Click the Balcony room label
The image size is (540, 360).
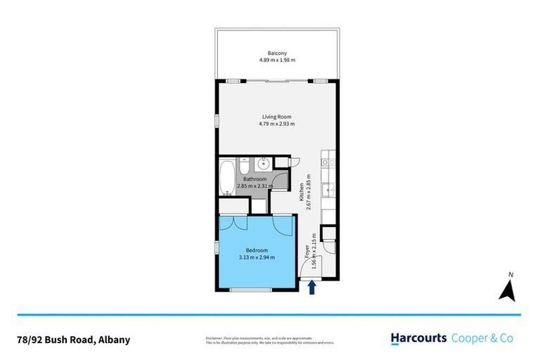276,53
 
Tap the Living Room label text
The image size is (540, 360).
276,117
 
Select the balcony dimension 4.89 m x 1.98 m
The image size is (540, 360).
276,60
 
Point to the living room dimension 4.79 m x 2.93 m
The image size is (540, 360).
276,124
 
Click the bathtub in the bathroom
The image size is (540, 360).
227,179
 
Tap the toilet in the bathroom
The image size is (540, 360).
243,167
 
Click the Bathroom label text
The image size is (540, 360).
255,179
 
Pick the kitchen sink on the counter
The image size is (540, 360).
328,190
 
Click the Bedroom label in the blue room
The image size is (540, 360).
255,250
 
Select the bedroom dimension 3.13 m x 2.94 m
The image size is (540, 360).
255,257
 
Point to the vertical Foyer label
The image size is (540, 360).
306,252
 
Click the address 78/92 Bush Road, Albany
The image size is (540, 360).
73,340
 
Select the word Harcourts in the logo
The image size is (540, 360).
419,338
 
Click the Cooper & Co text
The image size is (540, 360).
482,338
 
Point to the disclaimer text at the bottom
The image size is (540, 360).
270,340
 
